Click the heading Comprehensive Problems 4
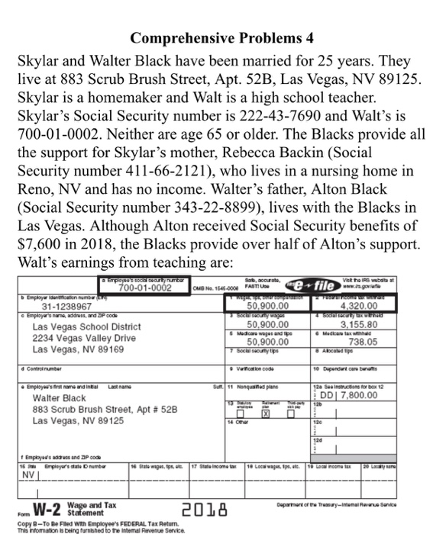[x=222, y=37]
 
